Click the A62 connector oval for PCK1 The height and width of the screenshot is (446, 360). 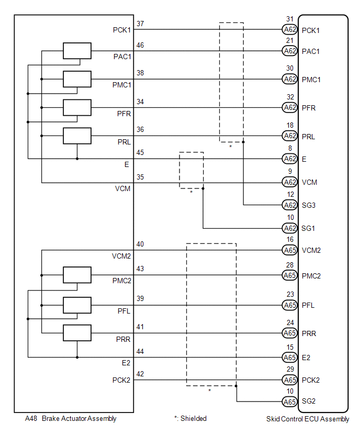[x=290, y=29]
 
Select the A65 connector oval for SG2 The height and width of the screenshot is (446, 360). [x=290, y=402]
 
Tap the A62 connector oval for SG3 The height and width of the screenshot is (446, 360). [x=290, y=205]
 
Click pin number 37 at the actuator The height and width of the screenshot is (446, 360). [x=140, y=24]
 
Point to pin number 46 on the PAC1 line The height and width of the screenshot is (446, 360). [x=140, y=45]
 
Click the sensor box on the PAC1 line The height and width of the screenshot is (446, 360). [x=77, y=51]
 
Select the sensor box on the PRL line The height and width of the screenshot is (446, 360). [x=77, y=136]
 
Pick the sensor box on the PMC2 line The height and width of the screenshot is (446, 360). [x=77, y=275]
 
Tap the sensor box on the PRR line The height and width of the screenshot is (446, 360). [x=77, y=333]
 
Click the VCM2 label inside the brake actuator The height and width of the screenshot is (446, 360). [x=121, y=257]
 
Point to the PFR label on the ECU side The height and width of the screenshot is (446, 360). [x=309, y=108]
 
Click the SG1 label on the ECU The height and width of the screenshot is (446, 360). [x=308, y=228]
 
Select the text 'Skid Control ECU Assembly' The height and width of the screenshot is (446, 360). [x=308, y=419]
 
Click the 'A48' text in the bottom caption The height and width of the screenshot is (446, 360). [x=31, y=418]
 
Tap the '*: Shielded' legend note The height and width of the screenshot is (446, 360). [x=190, y=418]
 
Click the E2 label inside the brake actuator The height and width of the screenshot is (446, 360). [x=126, y=363]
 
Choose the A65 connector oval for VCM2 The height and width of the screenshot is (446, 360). [x=290, y=250]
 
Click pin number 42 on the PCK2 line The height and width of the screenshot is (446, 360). [x=140, y=374]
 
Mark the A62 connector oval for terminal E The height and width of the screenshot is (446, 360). [x=290, y=159]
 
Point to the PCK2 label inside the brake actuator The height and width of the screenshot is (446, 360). [x=121, y=380]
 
